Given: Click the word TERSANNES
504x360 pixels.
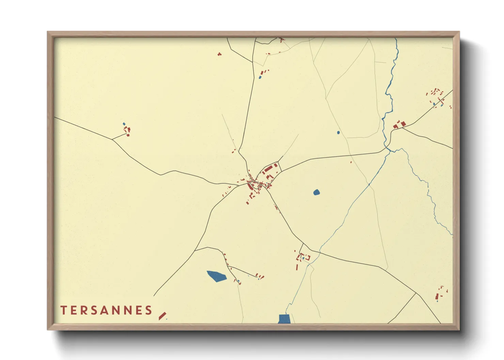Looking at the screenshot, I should click(x=106, y=310).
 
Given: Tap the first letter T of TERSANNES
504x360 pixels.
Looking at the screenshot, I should click(x=63, y=310).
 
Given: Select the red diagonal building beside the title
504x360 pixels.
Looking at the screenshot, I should click(x=162, y=316).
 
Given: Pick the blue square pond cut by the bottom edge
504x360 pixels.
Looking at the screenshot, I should click(x=284, y=319).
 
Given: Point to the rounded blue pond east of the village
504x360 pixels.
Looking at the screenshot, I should click(x=316, y=193).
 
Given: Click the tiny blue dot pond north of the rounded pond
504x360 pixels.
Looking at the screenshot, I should click(x=338, y=133).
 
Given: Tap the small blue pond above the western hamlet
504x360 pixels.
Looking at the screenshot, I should click(x=124, y=124).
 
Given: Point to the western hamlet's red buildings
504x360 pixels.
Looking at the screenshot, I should click(x=127, y=131).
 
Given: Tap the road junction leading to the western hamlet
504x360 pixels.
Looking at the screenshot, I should click(x=112, y=140).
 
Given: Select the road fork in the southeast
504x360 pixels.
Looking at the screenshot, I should click(x=416, y=293).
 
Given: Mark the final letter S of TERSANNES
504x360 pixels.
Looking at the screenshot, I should click(x=148, y=310).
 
